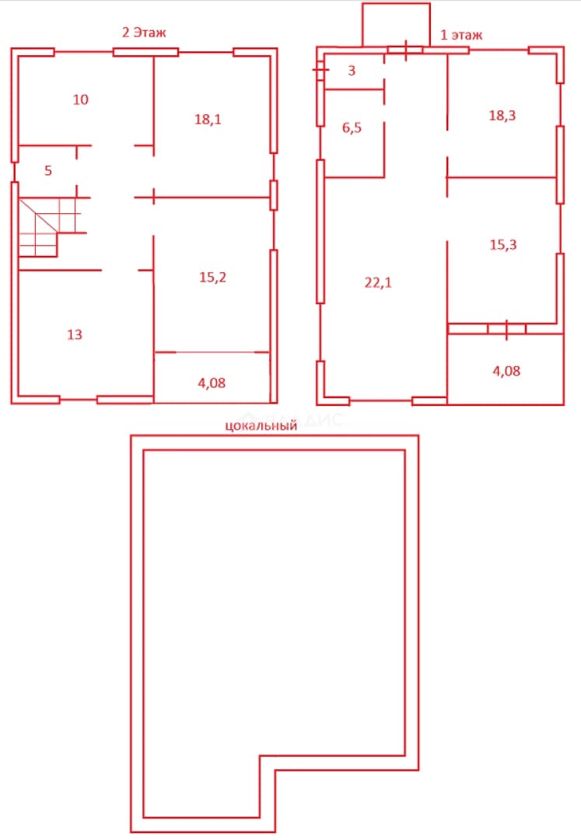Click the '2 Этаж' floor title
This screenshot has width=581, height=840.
(144, 33)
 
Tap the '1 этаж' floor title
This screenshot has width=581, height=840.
(461, 35)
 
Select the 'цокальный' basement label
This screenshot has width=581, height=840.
(261, 426)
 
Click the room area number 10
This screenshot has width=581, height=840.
(80, 100)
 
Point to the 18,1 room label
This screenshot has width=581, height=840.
(208, 120)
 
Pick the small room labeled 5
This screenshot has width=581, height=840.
(48, 171)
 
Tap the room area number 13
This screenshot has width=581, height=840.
(75, 334)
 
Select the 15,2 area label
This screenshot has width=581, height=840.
(212, 278)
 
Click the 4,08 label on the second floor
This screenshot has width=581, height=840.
(212, 383)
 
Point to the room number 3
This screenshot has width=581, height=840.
(352, 71)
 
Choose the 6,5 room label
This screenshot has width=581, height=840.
(352, 128)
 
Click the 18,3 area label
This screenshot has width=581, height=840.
(502, 116)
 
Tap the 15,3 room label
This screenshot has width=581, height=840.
(503, 245)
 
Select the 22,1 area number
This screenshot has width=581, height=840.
(378, 283)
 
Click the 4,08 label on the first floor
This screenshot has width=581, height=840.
(506, 371)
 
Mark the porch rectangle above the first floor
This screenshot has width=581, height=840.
(396, 25)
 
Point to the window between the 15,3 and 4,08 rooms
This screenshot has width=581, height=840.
(506, 328)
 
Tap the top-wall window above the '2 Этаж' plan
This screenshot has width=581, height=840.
(145, 52)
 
